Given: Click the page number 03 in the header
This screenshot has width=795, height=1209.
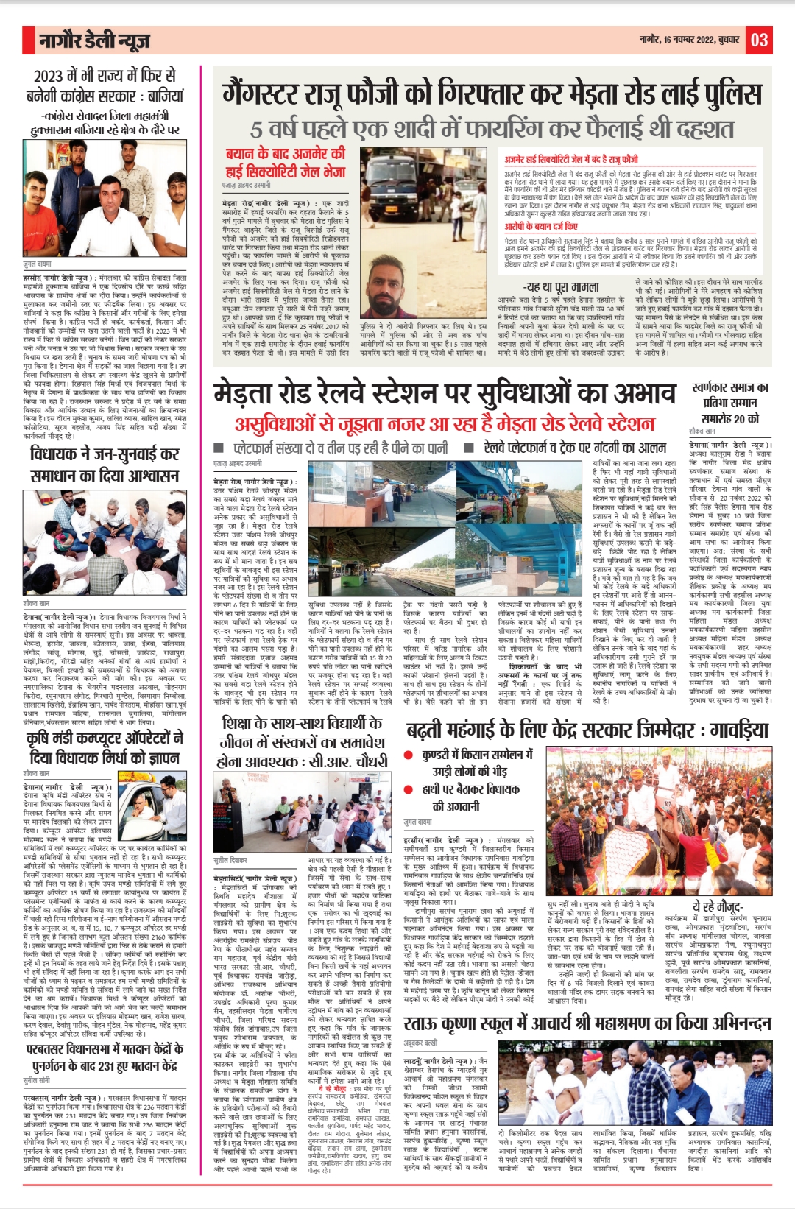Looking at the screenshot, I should point(760,40).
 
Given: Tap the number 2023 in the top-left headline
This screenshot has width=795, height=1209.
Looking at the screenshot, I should point(49,76).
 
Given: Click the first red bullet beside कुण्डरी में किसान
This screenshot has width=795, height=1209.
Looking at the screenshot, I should point(408,755).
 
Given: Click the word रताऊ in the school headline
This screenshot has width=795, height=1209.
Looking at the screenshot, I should point(423,1023).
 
